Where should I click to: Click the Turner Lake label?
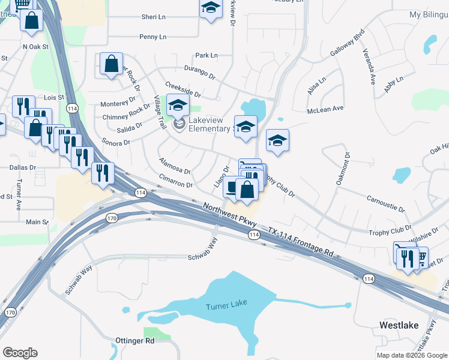(x=226, y=307)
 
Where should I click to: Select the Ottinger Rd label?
(x=134, y=341)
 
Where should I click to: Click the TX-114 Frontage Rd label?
(x=300, y=242)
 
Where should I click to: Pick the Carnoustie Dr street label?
(x=385, y=203)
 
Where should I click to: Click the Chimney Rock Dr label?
(x=126, y=113)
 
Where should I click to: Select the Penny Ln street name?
(x=152, y=37)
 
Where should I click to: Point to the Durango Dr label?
(x=199, y=73)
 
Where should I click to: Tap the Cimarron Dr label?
(x=176, y=181)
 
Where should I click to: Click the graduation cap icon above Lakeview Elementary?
(x=178, y=105)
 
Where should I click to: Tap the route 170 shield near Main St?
(x=111, y=218)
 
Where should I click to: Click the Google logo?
(x=20, y=353)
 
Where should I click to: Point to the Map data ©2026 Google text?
(x=412, y=355)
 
